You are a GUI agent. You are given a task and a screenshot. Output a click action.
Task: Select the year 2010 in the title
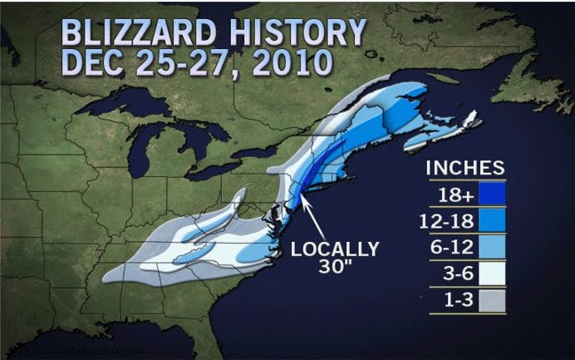click(x=287, y=63)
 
